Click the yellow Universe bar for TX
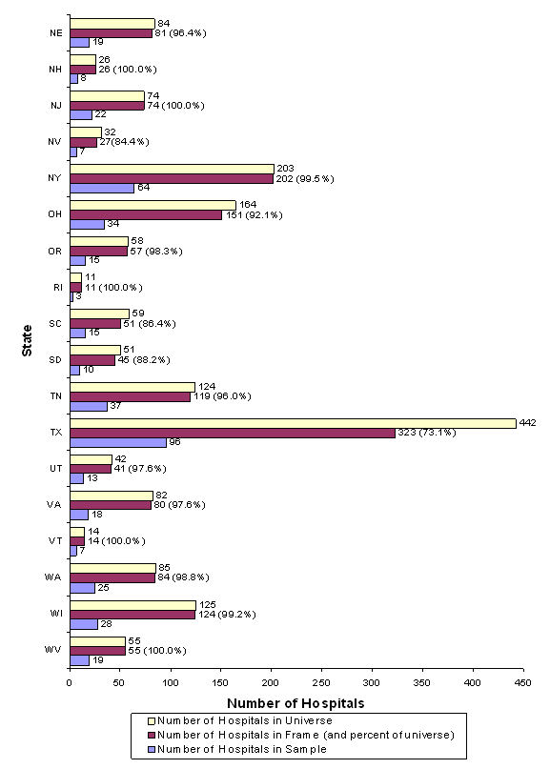tap(292, 423)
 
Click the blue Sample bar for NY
tap(102, 188)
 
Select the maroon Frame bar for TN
tap(130, 395)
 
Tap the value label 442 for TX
tap(527, 422)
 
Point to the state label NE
tap(57, 32)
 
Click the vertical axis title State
tap(27, 341)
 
